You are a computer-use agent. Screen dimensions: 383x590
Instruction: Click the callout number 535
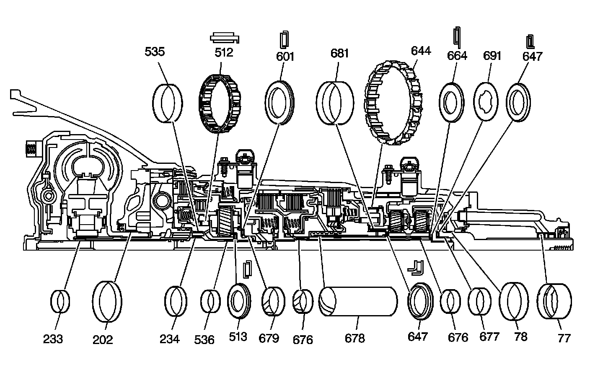click(155, 52)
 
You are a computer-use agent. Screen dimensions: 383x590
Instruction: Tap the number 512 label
click(223, 53)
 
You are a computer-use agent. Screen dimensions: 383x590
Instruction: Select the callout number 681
click(339, 54)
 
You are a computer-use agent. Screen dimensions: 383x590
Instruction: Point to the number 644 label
click(420, 51)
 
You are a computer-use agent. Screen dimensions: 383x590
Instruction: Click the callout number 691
click(492, 56)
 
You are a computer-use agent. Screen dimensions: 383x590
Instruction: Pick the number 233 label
click(53, 339)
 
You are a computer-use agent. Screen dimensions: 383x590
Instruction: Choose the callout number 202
click(103, 339)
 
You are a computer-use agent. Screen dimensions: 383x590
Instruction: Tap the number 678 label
click(355, 338)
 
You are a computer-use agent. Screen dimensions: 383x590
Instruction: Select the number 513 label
click(238, 336)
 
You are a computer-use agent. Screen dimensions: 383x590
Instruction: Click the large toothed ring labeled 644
click(394, 103)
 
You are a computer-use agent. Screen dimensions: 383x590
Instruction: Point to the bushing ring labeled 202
click(107, 301)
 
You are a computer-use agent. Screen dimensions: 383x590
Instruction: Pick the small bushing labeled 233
click(60, 301)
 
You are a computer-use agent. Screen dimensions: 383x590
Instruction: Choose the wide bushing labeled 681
click(335, 103)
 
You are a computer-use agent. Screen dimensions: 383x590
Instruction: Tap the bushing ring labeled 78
click(514, 301)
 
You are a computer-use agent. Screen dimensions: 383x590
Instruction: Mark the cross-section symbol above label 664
click(457, 37)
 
